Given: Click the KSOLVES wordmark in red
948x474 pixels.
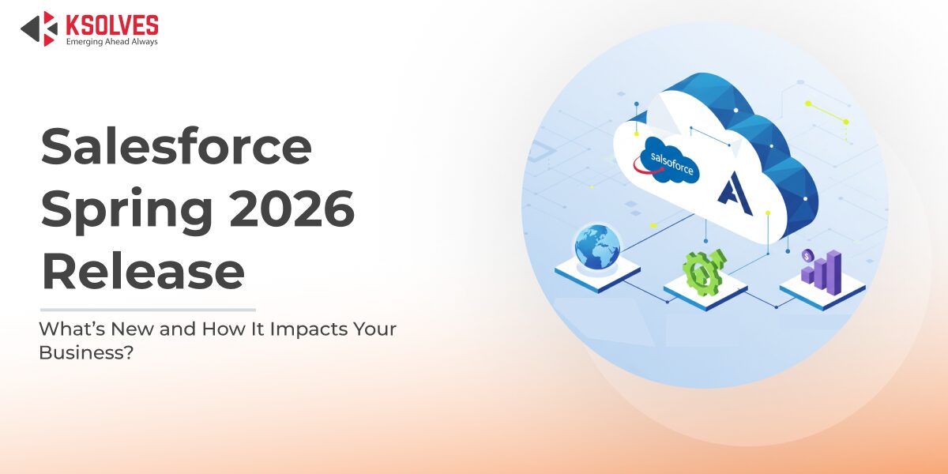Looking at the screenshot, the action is coord(112,24).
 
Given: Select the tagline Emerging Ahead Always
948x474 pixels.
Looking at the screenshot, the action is coord(111,41).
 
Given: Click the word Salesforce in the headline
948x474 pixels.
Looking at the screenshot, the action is coord(176,146).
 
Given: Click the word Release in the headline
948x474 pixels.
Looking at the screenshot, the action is coord(143,270).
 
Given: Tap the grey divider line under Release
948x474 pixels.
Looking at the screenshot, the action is coord(149,310).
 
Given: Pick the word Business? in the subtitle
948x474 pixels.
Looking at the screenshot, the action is coord(86,352).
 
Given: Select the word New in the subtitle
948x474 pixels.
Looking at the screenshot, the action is coord(133,329).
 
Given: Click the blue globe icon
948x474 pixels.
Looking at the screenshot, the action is coord(597,247).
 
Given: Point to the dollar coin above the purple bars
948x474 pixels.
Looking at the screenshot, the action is coord(807,255).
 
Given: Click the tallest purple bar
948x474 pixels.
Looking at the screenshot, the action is coord(833,273).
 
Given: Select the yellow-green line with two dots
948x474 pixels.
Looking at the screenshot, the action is coord(827,112).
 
